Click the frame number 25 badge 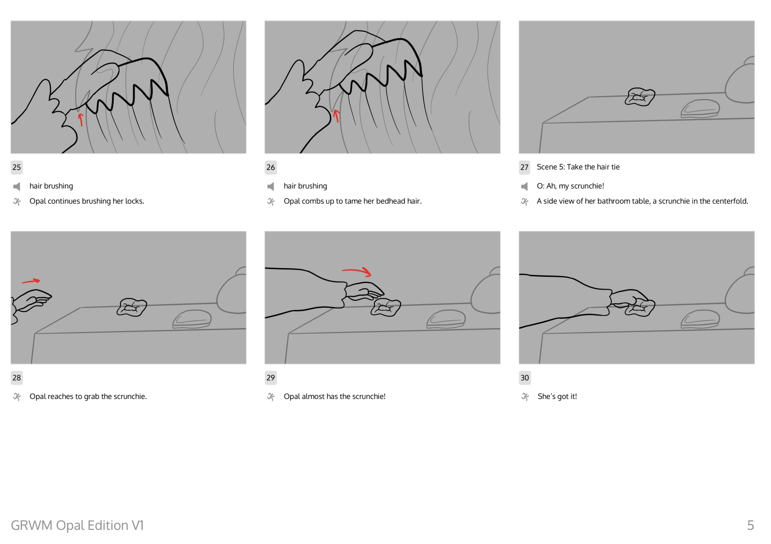pos(17,167)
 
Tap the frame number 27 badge pos(524,167)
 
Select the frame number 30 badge pos(525,377)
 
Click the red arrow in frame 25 pos(81,120)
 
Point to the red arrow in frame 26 pos(337,116)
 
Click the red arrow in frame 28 pos(31,281)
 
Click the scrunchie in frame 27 pos(640,97)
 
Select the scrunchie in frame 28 pos(132,307)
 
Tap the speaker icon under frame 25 pos(17,187)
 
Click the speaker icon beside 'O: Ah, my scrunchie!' pos(524,187)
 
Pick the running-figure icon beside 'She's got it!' pos(525,397)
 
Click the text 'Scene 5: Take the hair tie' pos(578,167)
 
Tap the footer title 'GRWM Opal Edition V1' pos(77,525)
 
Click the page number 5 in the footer pos(751,525)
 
